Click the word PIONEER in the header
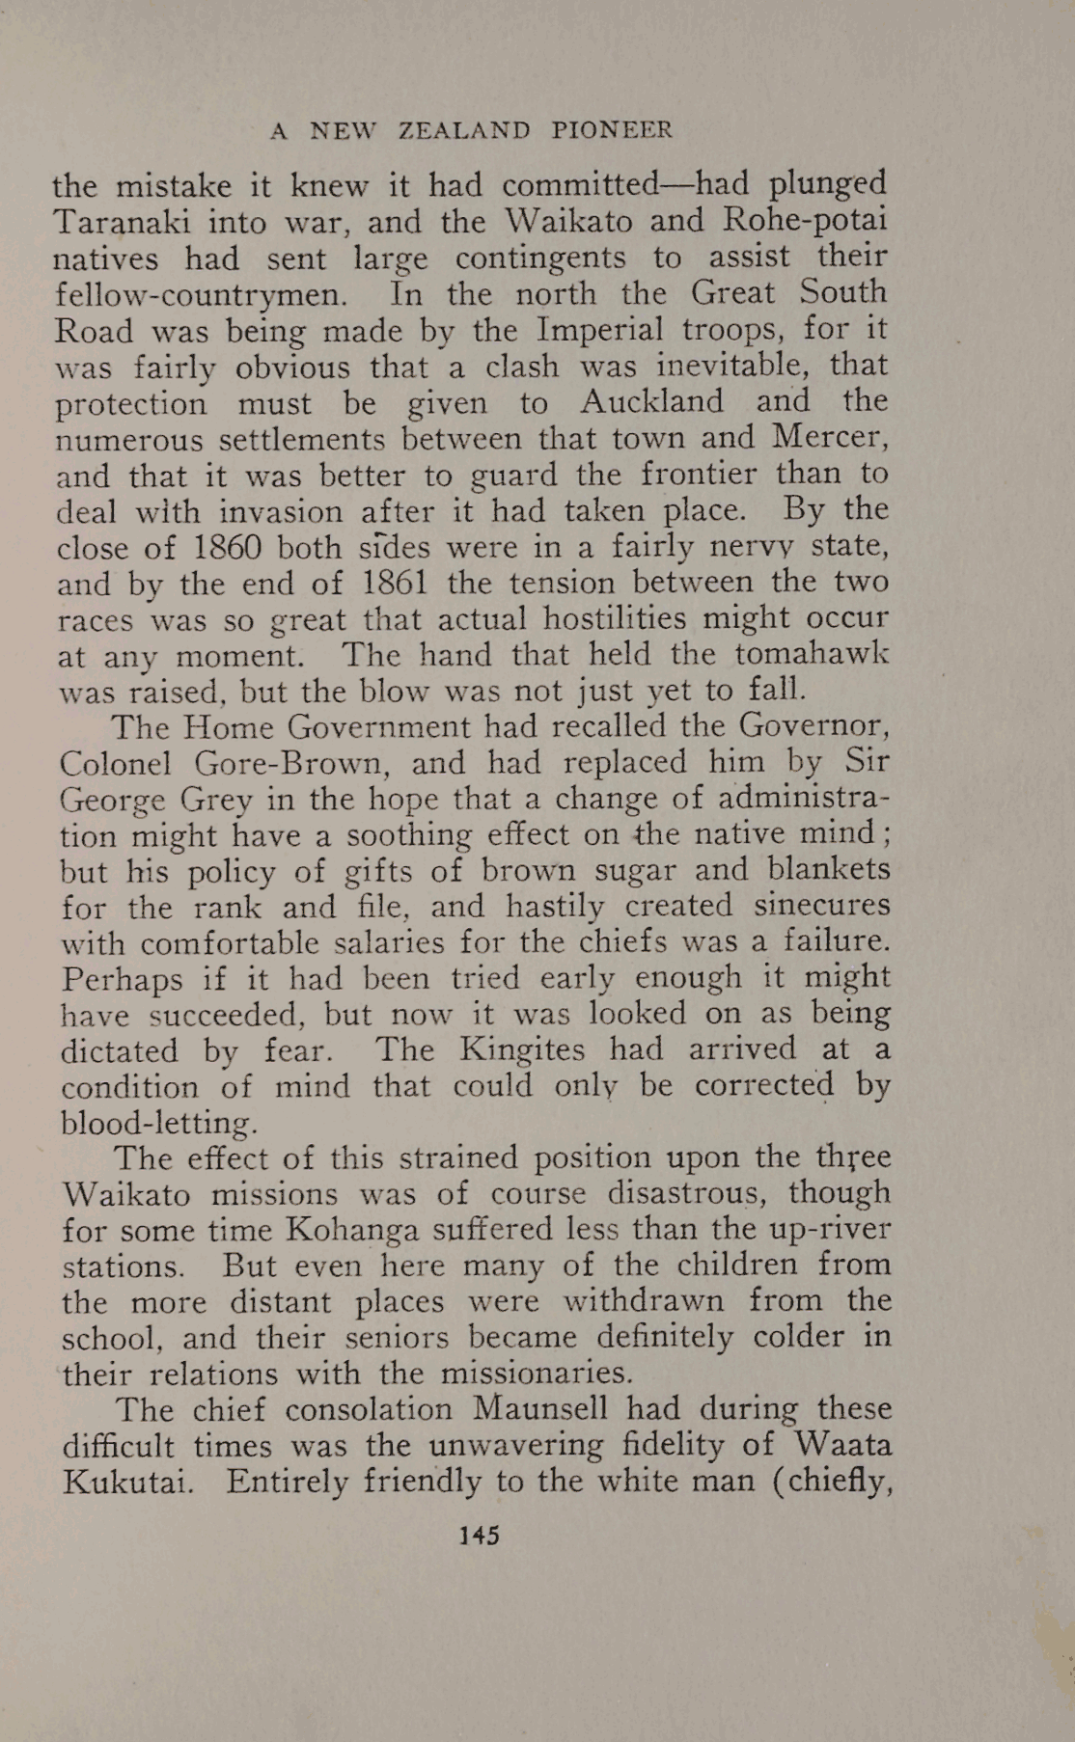click(612, 130)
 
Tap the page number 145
click(479, 1535)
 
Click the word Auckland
click(652, 402)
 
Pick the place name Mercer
click(829, 438)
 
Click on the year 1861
click(395, 583)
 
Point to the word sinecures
click(822, 906)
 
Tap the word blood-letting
click(159, 1123)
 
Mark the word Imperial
click(600, 330)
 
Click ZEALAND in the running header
click(464, 130)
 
